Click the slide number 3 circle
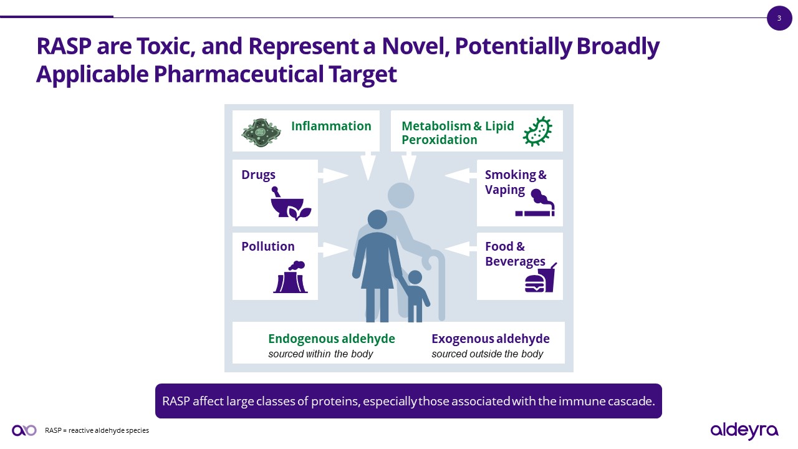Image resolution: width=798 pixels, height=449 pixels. click(779, 18)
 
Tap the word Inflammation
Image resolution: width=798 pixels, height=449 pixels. click(331, 126)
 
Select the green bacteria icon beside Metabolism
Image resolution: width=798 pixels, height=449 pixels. click(537, 131)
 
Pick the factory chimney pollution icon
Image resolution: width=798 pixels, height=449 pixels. click(291, 277)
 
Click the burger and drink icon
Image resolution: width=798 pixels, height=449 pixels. click(541, 278)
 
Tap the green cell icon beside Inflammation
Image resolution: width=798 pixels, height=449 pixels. click(261, 133)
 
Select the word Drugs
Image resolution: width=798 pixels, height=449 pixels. click(258, 175)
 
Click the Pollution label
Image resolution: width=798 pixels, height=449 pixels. click(268, 246)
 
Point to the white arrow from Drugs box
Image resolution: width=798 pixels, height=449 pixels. click(333, 175)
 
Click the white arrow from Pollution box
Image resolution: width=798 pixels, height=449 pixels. click(333, 249)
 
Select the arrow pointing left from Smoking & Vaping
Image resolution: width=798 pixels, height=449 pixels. click(461, 175)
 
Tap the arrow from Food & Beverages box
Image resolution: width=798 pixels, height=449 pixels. click(461, 248)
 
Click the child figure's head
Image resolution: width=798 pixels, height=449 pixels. click(415, 278)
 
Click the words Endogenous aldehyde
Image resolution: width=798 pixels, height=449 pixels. click(332, 339)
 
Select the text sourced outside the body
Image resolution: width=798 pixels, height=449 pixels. click(488, 354)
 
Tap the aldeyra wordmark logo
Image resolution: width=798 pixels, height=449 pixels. click(744, 431)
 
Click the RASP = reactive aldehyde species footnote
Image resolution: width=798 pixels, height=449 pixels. click(97, 430)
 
